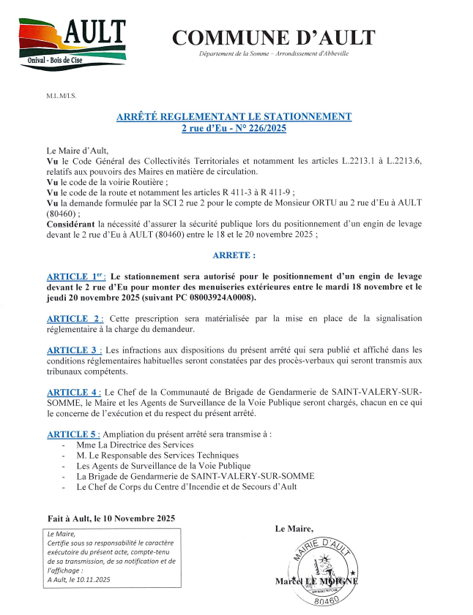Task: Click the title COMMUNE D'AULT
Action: click(x=274, y=37)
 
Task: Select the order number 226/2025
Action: click(x=261, y=128)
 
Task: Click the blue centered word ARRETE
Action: click(x=234, y=256)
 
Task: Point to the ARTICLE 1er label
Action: click(x=75, y=276)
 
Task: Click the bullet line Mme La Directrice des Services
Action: click(x=135, y=445)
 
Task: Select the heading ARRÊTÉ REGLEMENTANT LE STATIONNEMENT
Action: click(x=234, y=116)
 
